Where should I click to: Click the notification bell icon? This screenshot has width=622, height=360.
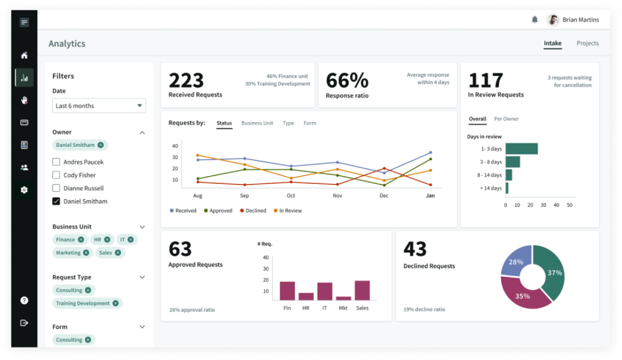(535, 19)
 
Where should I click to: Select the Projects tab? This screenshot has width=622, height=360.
(587, 43)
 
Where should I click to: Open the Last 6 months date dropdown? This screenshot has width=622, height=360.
(99, 106)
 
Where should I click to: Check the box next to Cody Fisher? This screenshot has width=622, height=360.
(56, 175)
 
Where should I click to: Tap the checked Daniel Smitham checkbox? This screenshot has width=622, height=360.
(56, 202)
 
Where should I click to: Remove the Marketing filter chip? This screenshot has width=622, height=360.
(86, 253)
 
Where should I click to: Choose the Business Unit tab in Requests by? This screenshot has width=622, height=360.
(257, 123)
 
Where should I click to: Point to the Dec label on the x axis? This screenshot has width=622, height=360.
(384, 196)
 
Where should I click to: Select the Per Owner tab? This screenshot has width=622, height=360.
(506, 119)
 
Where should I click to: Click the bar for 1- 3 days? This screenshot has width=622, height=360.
(521, 149)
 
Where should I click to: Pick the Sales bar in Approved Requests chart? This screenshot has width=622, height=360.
(362, 290)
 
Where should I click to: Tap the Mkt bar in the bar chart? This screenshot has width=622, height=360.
(343, 298)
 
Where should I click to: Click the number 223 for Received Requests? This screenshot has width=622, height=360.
(186, 81)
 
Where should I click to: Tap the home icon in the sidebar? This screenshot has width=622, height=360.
(24, 55)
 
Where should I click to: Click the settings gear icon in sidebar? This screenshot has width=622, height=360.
(24, 190)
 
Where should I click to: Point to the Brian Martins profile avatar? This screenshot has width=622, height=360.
(553, 19)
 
